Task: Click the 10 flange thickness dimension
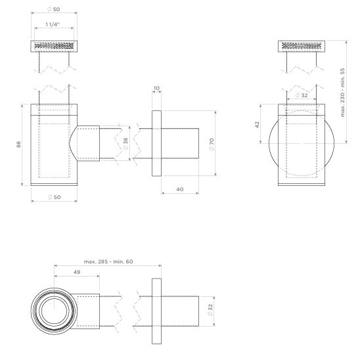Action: [156, 87]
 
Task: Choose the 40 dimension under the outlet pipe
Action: [179, 189]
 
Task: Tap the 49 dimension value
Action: [77, 273]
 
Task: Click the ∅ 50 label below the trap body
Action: [55, 198]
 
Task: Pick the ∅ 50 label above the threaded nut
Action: [55, 10]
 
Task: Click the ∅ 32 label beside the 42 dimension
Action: [302, 95]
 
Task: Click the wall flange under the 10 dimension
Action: [156, 144]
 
